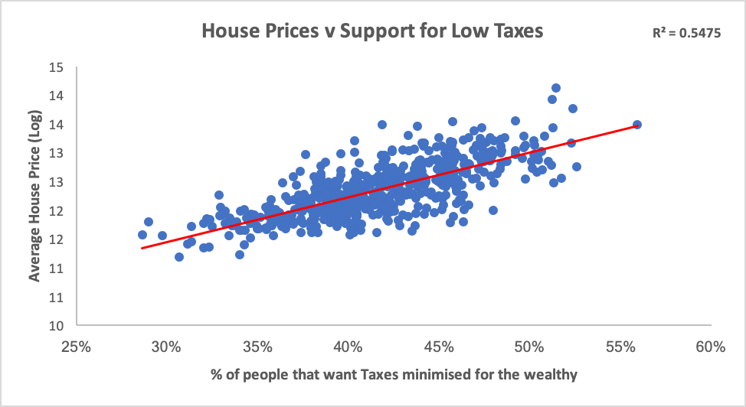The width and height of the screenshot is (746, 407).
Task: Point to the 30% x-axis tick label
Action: tap(166, 347)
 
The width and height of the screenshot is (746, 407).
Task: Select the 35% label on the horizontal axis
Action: tap(257, 347)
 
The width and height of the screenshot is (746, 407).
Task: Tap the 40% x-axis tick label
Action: tap(348, 347)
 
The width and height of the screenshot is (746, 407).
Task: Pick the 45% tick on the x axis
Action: tap(438, 347)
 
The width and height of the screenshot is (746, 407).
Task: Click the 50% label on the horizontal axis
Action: tap(529, 347)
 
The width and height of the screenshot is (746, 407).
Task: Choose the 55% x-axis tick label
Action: tap(620, 347)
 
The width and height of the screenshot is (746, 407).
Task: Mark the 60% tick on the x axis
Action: tap(711, 347)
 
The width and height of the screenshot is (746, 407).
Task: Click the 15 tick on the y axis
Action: tap(56, 67)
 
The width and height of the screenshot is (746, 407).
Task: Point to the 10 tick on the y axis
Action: tap(56, 326)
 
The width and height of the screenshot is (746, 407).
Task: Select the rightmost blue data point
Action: tap(636, 125)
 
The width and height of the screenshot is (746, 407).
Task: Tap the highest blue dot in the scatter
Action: tap(556, 89)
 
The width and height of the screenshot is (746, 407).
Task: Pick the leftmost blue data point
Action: tap(142, 235)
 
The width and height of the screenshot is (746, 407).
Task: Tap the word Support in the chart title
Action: tap(364, 32)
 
